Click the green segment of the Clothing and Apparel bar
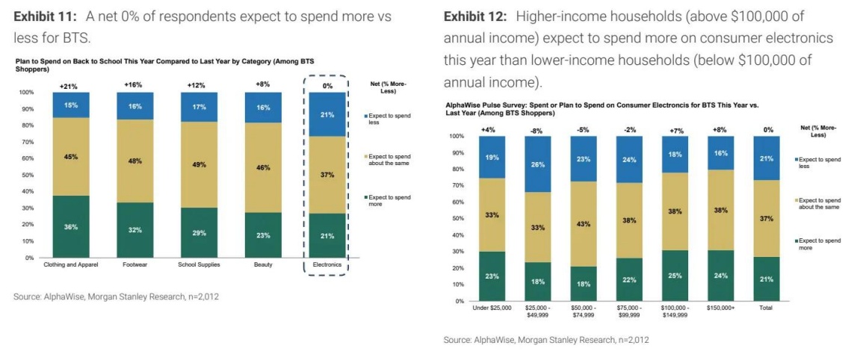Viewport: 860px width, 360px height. click(71, 226)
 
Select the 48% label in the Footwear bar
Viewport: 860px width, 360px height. click(134, 161)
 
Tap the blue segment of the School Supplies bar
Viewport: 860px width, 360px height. click(199, 107)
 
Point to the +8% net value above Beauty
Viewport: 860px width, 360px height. click(263, 84)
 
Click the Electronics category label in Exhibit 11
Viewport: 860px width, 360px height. click(327, 264)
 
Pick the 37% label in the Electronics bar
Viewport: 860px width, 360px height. click(327, 174)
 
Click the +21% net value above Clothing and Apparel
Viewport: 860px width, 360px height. click(71, 86)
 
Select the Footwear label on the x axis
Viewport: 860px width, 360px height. click(134, 264)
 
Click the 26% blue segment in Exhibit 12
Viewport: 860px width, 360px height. click(538, 164)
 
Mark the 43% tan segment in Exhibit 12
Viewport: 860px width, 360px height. click(583, 224)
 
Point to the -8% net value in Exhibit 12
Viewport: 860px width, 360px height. click(538, 130)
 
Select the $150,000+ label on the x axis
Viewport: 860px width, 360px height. click(720, 308)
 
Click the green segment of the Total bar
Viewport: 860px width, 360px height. click(766, 279)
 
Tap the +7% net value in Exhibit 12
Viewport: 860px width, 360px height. click(675, 130)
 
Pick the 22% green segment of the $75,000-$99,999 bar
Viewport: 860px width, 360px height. click(629, 279)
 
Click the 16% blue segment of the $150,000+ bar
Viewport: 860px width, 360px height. click(720, 153)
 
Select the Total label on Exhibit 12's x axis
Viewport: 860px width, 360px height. click(766, 308)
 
